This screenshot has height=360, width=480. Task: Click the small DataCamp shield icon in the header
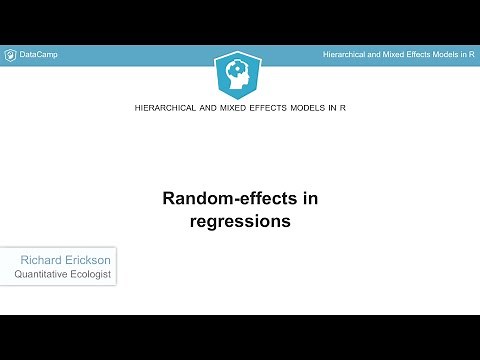point(10,54)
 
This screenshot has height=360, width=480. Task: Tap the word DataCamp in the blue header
point(39,54)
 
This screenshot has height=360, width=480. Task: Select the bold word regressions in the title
point(240,221)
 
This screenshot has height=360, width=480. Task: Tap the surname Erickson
point(87,259)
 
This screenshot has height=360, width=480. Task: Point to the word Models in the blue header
point(447,54)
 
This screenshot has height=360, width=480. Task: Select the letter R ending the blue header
point(471,54)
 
